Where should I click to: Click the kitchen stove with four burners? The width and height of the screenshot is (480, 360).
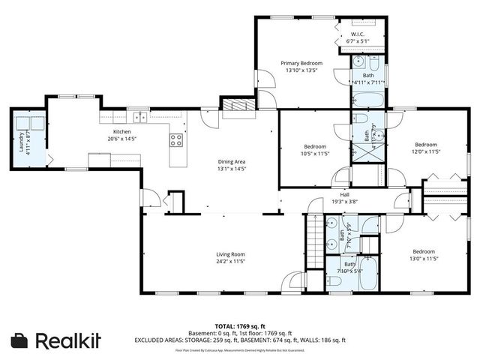coord(176,140)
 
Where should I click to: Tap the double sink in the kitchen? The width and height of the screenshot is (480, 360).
coord(140,116)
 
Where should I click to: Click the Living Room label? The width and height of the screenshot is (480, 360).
coord(231,254)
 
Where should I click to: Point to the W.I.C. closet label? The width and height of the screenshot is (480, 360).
coord(358,34)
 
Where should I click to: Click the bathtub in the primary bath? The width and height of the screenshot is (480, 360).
coord(367,100)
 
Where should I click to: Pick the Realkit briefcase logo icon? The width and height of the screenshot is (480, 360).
coord(20,340)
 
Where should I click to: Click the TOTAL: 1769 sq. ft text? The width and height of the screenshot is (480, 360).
coord(240,327)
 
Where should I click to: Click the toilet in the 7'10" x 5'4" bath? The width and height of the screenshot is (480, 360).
coord(335,280)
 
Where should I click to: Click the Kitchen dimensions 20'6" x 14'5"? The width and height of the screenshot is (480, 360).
coord(122,139)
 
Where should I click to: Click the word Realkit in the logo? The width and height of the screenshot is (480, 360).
coord(68,340)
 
